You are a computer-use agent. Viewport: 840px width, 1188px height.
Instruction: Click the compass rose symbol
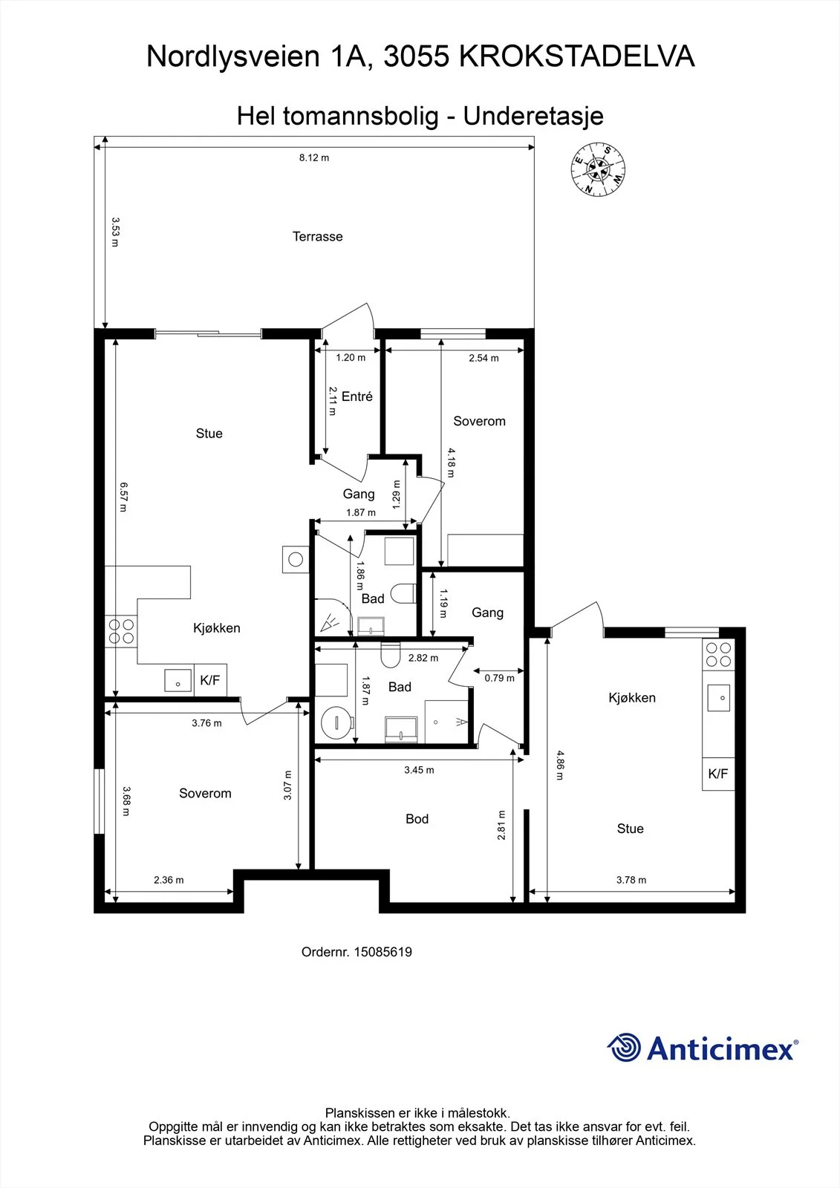point(598,170)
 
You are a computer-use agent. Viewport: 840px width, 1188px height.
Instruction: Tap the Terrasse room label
point(317,237)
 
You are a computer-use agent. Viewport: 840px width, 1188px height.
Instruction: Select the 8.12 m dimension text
point(314,157)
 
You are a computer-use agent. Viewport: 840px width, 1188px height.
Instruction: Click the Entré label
point(357,396)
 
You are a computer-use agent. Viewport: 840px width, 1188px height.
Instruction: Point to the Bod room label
point(417,819)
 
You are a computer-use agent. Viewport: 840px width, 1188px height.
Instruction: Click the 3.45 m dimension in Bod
point(419,770)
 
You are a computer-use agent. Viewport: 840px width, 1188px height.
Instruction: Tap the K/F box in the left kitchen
point(210,680)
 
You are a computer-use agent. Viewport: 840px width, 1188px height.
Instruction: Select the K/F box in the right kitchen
point(718,774)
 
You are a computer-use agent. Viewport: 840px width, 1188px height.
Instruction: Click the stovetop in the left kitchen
point(121,631)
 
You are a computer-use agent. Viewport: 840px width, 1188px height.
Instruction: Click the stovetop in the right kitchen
point(718,654)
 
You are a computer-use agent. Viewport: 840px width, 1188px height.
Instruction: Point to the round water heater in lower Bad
point(337,721)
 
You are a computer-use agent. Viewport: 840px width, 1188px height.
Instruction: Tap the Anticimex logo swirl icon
point(624,1048)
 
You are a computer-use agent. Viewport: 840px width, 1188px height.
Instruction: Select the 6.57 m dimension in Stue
point(123,497)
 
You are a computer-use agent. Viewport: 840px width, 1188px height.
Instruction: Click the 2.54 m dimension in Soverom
point(484,358)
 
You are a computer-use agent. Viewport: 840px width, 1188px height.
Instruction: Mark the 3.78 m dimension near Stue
point(631,880)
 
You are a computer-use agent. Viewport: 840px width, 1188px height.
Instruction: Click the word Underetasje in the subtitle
point(533,116)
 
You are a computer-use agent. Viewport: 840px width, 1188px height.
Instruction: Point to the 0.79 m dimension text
point(499,678)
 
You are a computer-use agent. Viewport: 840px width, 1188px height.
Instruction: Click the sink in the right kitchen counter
point(718,697)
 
